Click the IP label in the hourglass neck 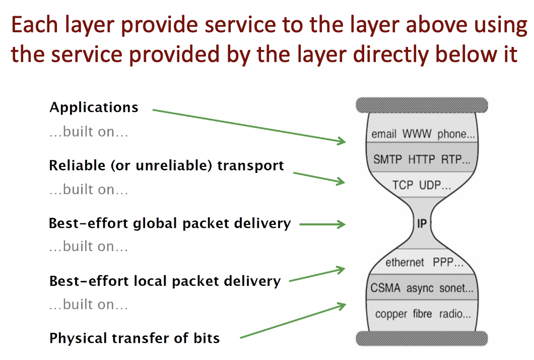[422, 224]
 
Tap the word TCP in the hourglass [403, 185]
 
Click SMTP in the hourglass [387, 159]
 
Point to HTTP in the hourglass [422, 159]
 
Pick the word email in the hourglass [384, 134]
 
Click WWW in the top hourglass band [417, 134]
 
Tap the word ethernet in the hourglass [405, 262]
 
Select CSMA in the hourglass [385, 288]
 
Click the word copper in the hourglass [391, 314]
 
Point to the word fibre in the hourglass [422, 314]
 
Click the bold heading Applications [94, 108]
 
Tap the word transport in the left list [251, 166]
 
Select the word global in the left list [155, 224]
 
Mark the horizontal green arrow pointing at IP [322, 224]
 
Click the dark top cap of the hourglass [422, 105]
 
